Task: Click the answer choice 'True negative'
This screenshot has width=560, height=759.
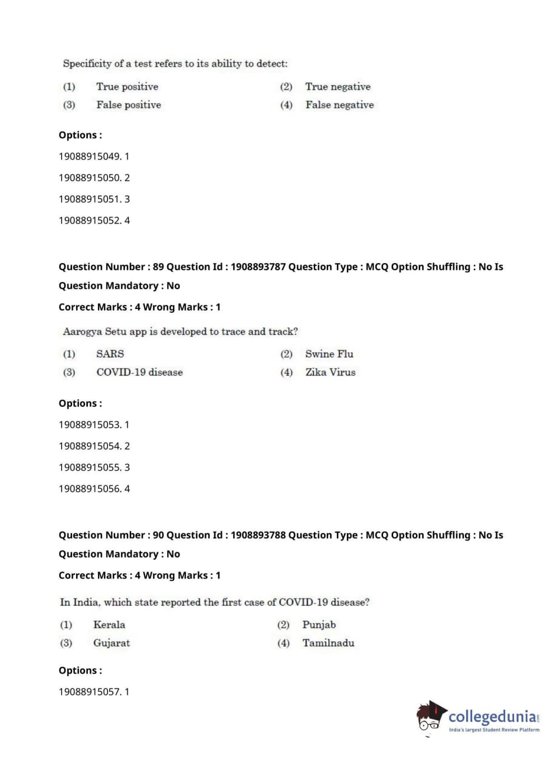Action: coord(337,87)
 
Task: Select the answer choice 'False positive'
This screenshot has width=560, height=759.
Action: coord(128,105)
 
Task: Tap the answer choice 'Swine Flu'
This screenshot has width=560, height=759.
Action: coord(329,354)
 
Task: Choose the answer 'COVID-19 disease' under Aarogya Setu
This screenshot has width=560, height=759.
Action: coord(139,372)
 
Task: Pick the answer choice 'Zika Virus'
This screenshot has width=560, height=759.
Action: coord(330,372)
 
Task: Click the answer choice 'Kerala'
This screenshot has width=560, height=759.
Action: coord(109,625)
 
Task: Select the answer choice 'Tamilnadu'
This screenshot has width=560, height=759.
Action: coord(328,643)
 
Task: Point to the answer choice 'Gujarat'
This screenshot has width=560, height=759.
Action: coord(111,643)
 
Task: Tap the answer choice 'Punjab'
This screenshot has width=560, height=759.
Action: coord(319,625)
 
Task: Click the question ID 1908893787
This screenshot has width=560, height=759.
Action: coord(258,267)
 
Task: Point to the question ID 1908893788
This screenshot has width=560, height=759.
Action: coord(258,535)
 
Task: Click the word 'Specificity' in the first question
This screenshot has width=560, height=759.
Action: coord(87,64)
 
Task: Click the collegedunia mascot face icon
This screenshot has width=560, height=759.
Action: coord(430,716)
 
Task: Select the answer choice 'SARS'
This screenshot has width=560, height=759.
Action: coord(110,354)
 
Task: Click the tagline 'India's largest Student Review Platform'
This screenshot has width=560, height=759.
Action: coord(494,730)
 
